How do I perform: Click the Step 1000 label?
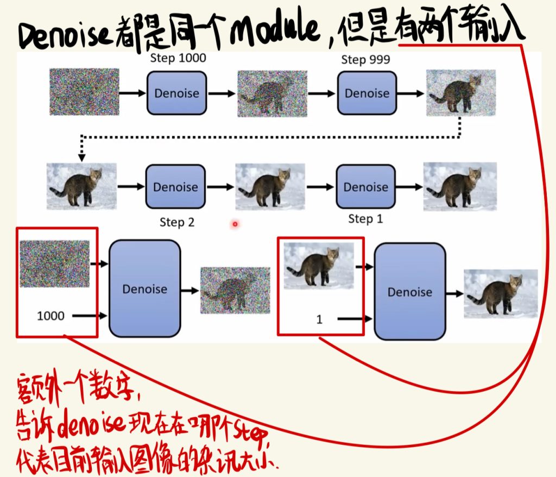click(x=178, y=58)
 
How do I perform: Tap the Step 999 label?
click(x=365, y=59)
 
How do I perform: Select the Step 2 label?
click(x=177, y=222)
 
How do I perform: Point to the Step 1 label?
click(x=365, y=218)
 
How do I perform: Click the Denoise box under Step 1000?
click(x=176, y=93)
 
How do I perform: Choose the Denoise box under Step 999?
click(x=367, y=93)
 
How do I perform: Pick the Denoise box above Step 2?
click(x=175, y=186)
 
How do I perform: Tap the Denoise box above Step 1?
click(x=365, y=186)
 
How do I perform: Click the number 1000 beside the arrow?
click(x=50, y=316)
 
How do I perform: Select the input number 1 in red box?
click(x=319, y=319)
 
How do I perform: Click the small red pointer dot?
click(x=235, y=224)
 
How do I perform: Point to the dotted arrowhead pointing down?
click(x=82, y=157)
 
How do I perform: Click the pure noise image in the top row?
click(x=84, y=92)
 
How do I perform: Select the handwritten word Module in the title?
click(x=275, y=29)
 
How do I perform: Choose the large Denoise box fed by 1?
click(x=410, y=291)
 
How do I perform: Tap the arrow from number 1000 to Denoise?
click(x=90, y=316)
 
